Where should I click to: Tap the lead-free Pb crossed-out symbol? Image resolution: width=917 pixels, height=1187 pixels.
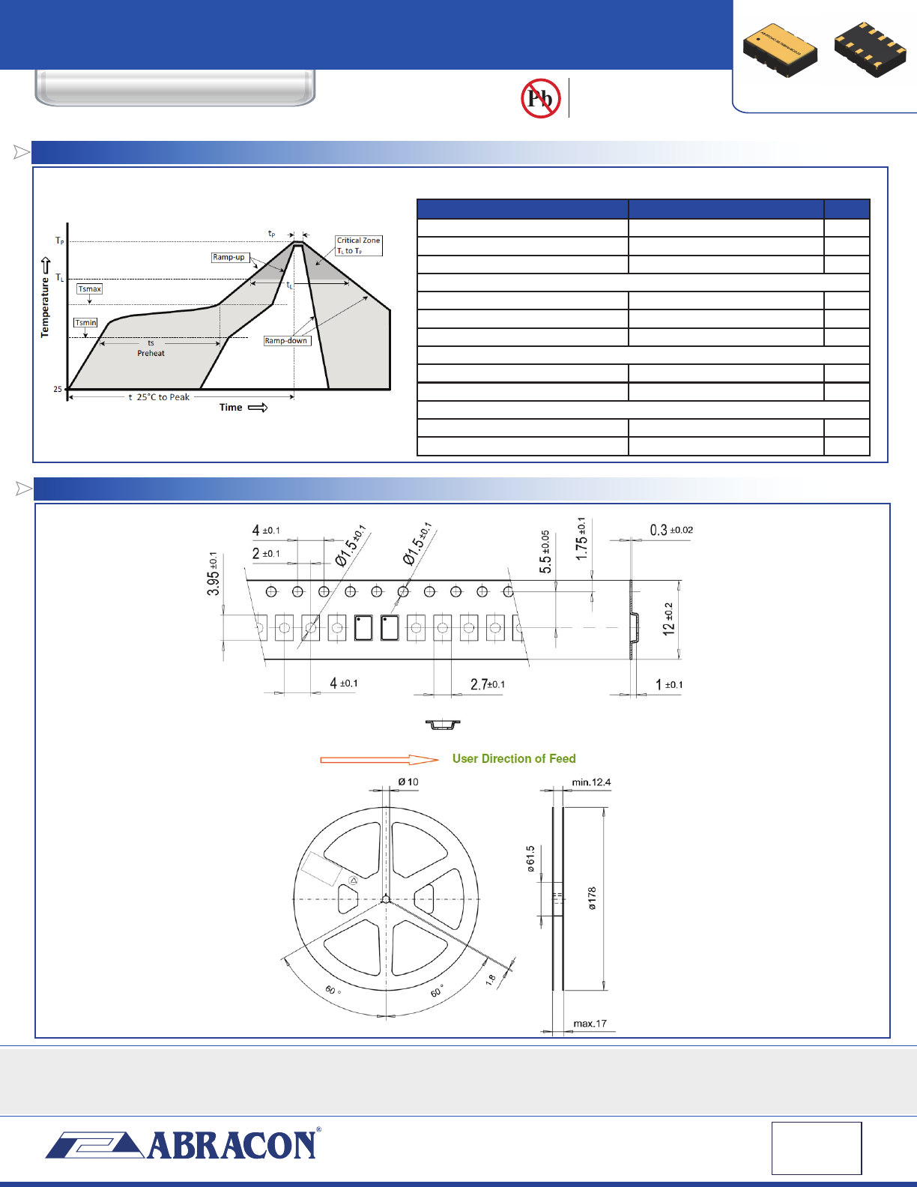540,98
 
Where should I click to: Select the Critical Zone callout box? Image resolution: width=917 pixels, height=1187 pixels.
359,245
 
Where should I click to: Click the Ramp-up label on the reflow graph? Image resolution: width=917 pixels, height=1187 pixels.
229,257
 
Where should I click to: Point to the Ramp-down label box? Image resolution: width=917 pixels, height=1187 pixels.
287,341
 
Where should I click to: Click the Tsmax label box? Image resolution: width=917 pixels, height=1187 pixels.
90,289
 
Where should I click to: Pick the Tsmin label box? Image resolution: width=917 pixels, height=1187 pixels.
85,322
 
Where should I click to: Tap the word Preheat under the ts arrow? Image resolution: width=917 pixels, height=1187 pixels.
151,354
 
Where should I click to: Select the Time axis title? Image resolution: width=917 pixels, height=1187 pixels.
231,407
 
